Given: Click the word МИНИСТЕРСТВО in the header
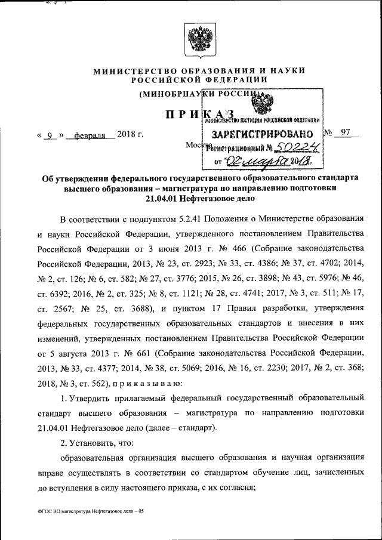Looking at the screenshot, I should coord(128,70).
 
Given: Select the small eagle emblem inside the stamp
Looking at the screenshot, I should coord(261,105).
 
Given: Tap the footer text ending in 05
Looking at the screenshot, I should coord(86,512).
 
